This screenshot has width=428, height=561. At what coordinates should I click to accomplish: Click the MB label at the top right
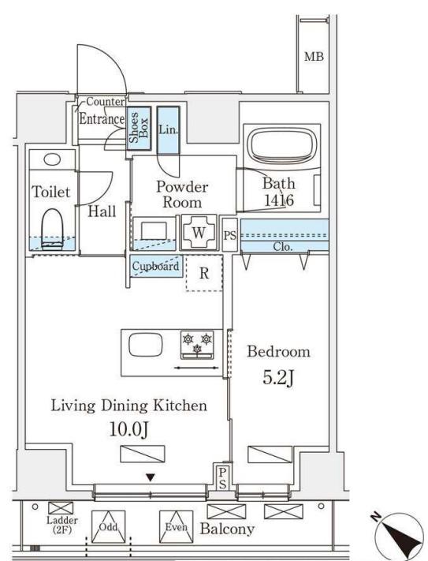tap(314, 57)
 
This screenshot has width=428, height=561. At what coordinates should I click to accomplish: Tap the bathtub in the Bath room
tap(282, 144)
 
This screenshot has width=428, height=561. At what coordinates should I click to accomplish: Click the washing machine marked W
tap(199, 233)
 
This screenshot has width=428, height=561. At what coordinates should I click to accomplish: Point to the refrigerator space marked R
tap(204, 273)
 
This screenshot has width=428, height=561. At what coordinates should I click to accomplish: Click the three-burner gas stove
tap(197, 345)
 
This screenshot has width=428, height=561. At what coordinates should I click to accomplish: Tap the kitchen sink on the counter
tap(145, 345)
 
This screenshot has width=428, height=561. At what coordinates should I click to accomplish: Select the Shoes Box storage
tap(139, 128)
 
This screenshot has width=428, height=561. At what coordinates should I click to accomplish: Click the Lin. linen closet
tap(168, 130)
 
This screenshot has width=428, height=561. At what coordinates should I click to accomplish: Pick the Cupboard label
tap(156, 266)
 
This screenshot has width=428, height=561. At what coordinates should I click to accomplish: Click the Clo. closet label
tap(283, 246)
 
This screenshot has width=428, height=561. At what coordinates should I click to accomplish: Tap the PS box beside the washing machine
tap(229, 234)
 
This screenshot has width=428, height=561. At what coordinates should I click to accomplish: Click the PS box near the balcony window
tap(222, 478)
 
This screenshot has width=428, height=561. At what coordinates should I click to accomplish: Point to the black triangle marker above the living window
tap(151, 477)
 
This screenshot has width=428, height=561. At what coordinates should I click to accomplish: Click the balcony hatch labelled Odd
tap(108, 526)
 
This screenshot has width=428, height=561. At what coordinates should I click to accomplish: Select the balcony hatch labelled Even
tap(176, 526)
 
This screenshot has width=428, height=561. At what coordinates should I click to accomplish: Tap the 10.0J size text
tap(128, 429)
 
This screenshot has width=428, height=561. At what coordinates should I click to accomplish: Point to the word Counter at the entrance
tap(106, 102)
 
